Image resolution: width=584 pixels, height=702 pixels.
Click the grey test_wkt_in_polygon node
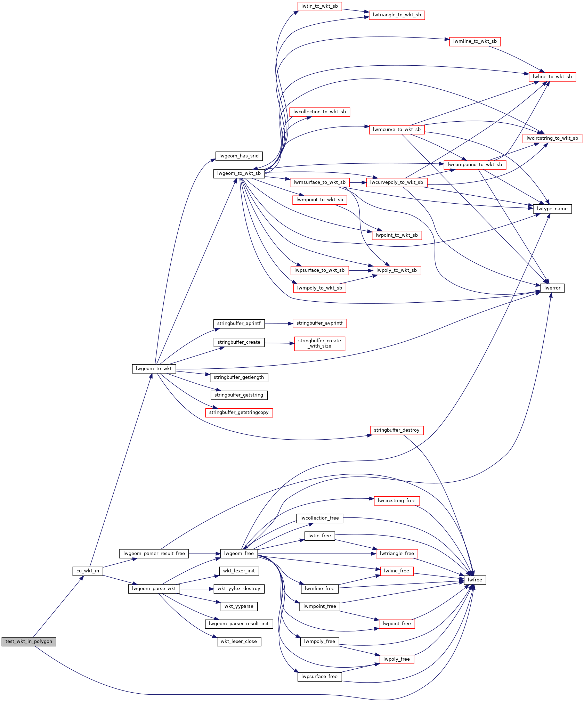(29, 642)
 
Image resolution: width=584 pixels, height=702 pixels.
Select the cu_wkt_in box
(88, 571)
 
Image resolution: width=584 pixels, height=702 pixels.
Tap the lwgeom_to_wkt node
(154, 369)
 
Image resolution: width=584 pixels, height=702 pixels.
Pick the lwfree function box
(475, 580)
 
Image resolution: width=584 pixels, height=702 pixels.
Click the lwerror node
(552, 288)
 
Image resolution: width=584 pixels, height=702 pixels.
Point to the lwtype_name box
(552, 209)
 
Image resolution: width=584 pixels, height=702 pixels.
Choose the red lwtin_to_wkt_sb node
(320, 6)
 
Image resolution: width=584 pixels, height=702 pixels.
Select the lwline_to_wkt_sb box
(552, 77)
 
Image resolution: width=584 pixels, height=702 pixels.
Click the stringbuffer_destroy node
(397, 430)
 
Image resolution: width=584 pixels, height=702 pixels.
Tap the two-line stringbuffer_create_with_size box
(320, 343)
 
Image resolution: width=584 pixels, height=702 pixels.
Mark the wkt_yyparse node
(239, 606)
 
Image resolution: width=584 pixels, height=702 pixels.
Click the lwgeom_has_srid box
(239, 156)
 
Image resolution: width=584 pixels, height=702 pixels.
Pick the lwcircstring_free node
(397, 501)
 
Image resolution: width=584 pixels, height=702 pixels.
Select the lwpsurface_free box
(319, 677)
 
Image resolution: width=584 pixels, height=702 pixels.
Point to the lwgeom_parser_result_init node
(239, 624)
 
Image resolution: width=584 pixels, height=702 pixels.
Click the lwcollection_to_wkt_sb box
(320, 112)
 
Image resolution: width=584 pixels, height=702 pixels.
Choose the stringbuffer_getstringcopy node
(239, 413)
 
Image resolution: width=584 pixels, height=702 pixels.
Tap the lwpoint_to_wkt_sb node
(397, 235)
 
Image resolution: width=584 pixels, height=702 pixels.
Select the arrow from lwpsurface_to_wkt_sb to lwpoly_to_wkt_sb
(361, 270)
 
